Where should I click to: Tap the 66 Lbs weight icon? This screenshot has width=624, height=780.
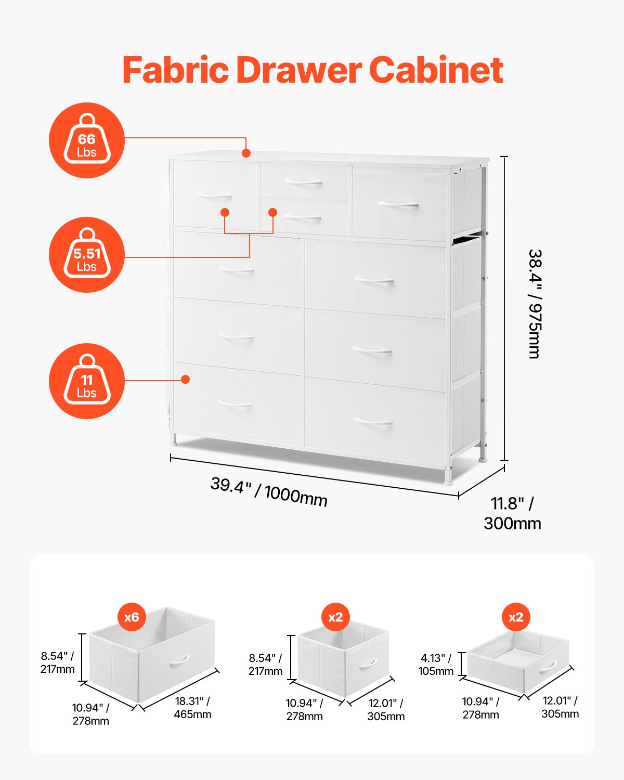[87, 140]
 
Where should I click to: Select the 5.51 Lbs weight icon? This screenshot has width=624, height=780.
[87, 255]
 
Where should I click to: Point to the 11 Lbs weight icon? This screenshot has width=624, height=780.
[87, 381]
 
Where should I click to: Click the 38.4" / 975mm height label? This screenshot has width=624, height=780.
[535, 304]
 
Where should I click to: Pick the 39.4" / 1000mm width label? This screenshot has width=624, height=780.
[269, 491]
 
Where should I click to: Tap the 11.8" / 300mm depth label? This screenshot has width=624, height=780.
[512, 513]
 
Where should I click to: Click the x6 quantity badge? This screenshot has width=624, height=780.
[132, 617]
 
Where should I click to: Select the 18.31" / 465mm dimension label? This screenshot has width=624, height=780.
[192, 708]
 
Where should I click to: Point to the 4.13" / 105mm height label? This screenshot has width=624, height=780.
[436, 665]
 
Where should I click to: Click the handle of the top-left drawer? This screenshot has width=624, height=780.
[214, 196]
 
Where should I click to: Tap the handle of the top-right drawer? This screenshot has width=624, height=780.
[398, 204]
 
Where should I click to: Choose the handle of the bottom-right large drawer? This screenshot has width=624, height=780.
[373, 421]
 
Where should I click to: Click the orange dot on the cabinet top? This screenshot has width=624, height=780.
[246, 153]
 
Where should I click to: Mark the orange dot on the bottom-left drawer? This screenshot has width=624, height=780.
[185, 380]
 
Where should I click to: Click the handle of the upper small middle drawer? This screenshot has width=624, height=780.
[304, 182]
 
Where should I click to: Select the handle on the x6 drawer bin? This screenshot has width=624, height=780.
[178, 660]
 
